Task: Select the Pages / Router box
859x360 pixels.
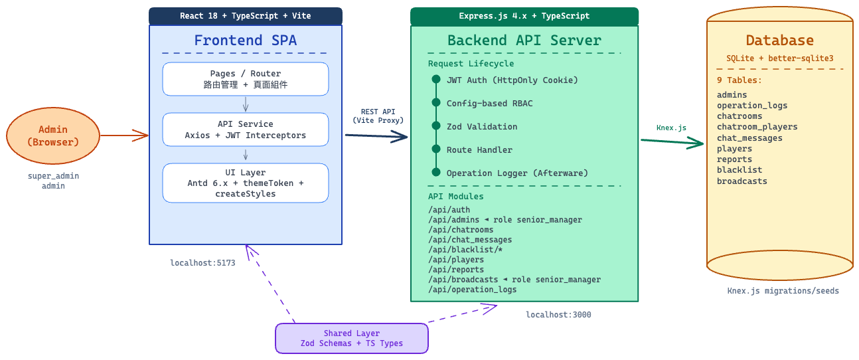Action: (246, 79)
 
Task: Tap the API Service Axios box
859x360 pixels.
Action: (246, 130)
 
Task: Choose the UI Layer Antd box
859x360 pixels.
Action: (246, 183)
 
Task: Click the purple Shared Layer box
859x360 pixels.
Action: (352, 338)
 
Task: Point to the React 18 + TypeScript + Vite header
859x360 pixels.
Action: (246, 16)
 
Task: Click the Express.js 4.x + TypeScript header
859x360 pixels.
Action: (524, 16)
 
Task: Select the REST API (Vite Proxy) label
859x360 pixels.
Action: (378, 116)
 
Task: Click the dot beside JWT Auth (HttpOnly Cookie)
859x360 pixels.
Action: (436, 79)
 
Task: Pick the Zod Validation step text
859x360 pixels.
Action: (482, 126)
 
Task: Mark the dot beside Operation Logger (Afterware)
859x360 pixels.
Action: (436, 173)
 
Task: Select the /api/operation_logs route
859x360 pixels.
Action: (472, 290)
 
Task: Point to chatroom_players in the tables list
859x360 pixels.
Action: (757, 127)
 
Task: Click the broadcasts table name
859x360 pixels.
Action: (742, 181)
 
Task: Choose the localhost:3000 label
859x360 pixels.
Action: (558, 315)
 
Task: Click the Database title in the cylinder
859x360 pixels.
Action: (779, 41)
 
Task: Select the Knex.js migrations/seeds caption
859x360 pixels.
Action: (783, 291)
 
